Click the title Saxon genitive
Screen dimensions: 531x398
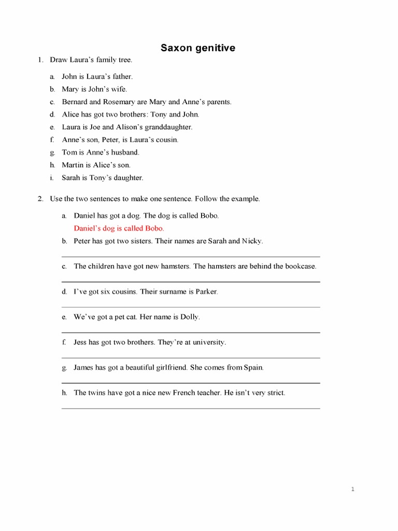point(197,48)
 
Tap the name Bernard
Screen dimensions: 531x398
point(75,102)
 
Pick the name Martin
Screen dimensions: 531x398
point(73,165)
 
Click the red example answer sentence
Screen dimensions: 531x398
point(119,228)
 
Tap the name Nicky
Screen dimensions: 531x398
point(252,241)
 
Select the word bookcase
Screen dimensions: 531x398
point(299,267)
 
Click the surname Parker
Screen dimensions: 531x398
point(207,292)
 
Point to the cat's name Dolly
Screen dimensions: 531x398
point(189,317)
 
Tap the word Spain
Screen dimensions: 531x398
point(253,368)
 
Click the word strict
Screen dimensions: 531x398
point(275,393)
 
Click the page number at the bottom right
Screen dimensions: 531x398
point(352,489)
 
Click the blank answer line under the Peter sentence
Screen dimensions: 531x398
point(191,256)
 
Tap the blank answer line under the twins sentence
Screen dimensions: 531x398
point(191,408)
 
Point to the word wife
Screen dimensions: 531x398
point(118,89)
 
